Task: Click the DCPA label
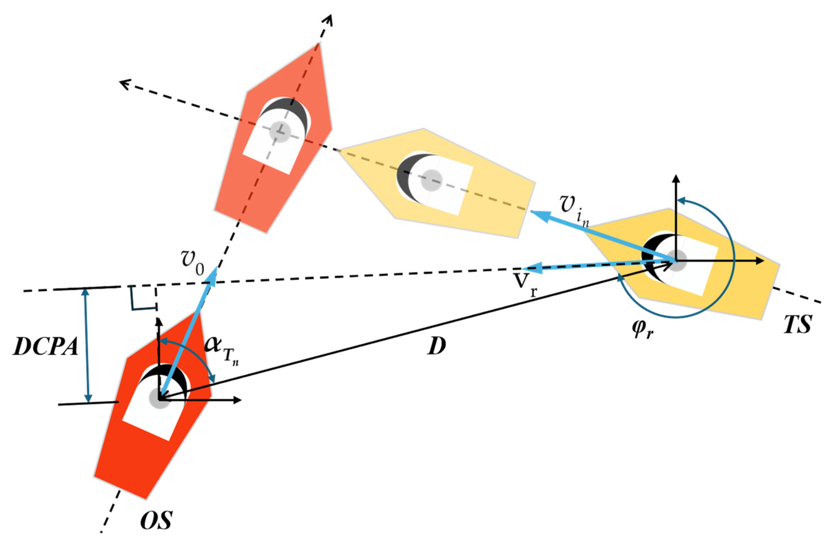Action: (x=45, y=347)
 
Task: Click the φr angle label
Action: (x=643, y=330)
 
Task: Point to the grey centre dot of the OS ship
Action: (x=159, y=398)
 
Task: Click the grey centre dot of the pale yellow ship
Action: (x=431, y=181)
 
